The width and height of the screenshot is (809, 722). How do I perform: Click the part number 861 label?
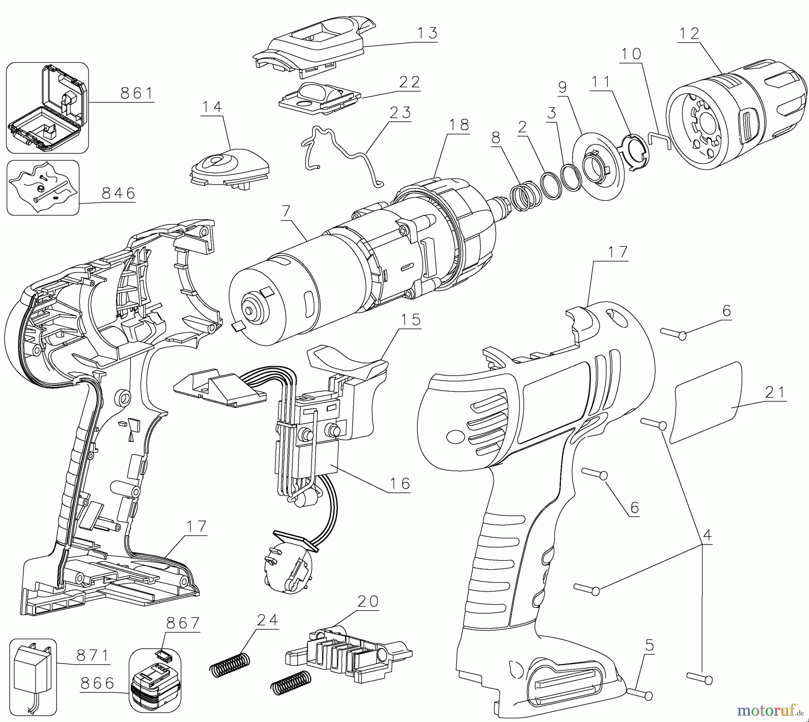pos(137,93)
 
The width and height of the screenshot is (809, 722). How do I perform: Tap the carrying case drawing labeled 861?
pos(47,108)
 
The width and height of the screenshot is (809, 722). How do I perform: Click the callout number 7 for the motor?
pos(286,211)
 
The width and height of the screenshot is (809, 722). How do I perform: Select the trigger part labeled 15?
pos(351,359)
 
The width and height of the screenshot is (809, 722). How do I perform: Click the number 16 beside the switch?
pos(400,483)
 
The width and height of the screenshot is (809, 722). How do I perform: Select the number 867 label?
pos(182,623)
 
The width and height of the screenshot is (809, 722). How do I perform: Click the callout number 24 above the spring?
pos(267,620)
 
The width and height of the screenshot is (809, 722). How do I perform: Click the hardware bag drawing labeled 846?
pos(43,188)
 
